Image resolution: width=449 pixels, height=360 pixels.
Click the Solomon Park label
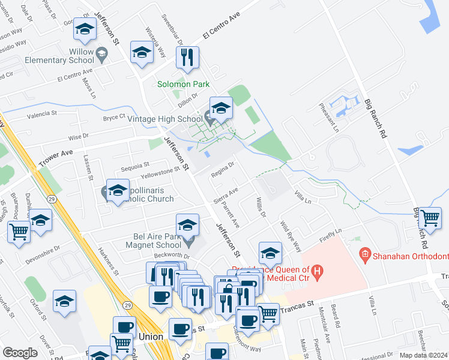183,85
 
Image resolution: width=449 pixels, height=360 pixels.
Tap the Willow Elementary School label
61,56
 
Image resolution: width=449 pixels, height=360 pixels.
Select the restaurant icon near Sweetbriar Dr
187,58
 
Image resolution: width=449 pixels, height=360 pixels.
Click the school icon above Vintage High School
221,108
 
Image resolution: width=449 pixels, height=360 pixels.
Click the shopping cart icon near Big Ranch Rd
429,218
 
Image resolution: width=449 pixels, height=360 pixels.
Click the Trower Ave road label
55,158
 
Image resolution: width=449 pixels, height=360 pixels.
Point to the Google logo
20,353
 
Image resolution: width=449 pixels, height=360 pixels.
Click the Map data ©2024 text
423,355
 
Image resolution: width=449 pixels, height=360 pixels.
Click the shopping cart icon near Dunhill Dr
19,230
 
